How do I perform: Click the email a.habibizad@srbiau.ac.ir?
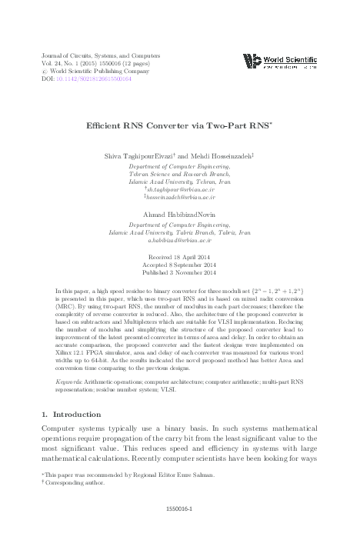(x=179, y=240)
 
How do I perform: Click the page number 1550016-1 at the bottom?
(x=179, y=509)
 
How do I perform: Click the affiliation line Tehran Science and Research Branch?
(x=179, y=173)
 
